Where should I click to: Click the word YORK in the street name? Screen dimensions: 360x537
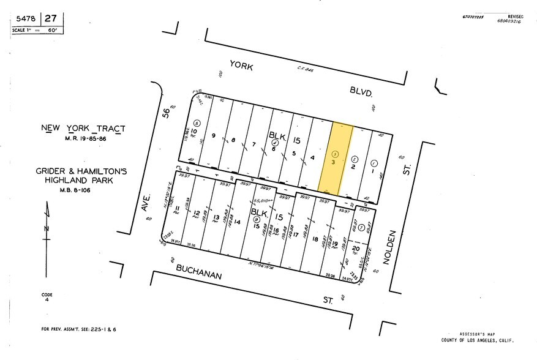[241, 64]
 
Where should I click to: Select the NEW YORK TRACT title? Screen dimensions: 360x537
[83, 129]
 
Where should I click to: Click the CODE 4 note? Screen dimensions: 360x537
[47, 298]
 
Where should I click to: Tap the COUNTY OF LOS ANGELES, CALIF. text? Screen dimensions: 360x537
[478, 340]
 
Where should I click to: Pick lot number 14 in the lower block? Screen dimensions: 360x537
[237, 223]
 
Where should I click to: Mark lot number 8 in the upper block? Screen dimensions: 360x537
[233, 140]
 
